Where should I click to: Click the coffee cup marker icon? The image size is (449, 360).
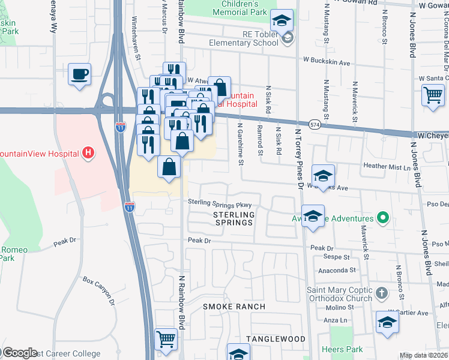point(79,75)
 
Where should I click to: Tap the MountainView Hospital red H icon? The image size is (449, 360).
point(89,153)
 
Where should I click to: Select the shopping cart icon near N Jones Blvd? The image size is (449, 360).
point(433,95)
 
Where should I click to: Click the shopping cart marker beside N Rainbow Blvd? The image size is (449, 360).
point(166,340)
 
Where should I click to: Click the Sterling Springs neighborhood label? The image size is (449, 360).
point(234,218)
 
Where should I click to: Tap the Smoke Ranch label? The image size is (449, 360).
point(234,307)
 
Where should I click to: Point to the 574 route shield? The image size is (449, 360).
point(315,124)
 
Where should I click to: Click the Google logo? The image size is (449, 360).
point(20,352)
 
